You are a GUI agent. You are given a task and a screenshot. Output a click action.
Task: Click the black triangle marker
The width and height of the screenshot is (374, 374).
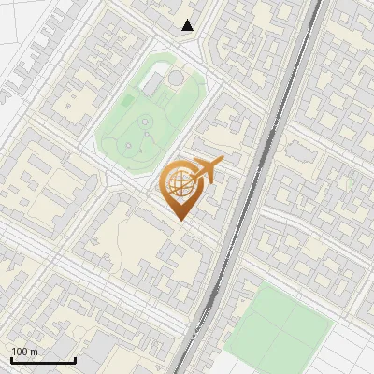(188, 25)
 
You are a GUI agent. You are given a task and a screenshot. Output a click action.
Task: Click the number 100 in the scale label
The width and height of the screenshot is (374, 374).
(20, 352)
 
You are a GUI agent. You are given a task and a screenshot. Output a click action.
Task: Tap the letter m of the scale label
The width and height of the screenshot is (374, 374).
(35, 352)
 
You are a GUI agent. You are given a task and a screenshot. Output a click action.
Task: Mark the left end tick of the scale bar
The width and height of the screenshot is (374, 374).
(10, 359)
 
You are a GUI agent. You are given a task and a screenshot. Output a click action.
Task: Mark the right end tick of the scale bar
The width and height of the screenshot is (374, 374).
(75, 359)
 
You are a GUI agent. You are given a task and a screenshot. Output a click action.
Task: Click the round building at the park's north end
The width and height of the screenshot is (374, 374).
(176, 78)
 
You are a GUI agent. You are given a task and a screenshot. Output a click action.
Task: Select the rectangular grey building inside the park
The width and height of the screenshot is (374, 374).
(152, 86)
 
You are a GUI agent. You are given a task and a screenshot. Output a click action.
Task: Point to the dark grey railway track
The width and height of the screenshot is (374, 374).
(245, 187)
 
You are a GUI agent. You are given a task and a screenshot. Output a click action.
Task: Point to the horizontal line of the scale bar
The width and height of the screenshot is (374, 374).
(42, 361)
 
